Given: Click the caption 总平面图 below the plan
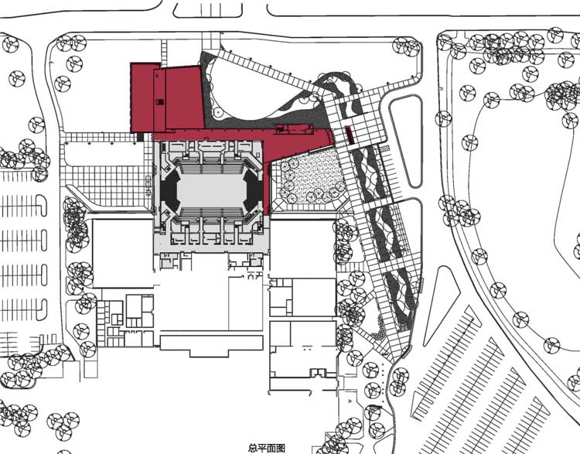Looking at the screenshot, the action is tap(266, 449).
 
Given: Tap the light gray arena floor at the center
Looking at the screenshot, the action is tap(211, 189).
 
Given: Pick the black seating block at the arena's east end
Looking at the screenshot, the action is tap(254, 189).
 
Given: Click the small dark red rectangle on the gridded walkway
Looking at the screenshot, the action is tap(350, 135).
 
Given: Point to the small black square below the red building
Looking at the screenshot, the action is tap(140, 137).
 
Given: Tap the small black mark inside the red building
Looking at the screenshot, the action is tap(159, 101).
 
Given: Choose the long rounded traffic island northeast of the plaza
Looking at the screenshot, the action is tap(406, 141).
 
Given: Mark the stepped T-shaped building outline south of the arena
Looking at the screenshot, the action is tap(211, 345).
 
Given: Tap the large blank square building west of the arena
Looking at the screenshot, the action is tap(123, 254).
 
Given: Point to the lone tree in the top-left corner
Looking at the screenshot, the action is tap(10, 44).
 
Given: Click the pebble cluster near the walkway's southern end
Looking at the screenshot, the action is tap(378, 332).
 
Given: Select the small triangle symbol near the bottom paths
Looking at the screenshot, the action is tap(350, 401).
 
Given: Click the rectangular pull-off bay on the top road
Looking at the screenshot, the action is tap(208, 10).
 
